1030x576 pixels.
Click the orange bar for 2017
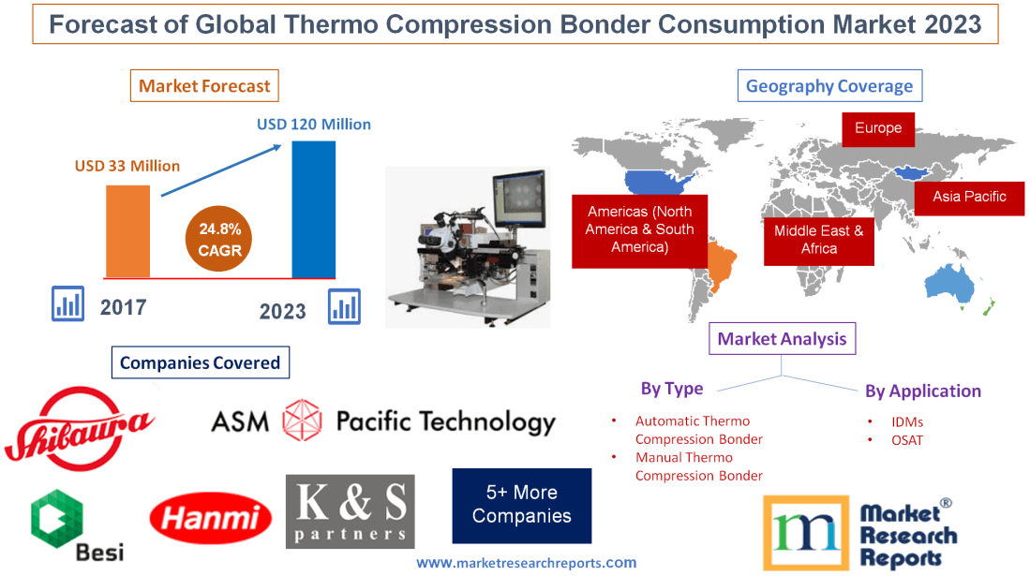127,230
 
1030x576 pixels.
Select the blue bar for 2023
313,209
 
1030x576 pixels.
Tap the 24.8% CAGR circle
219,240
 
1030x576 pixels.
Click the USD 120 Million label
314,124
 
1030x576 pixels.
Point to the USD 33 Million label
127,166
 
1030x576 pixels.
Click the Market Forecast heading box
204,86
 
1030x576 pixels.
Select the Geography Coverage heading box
828,86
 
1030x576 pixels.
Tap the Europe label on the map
878,128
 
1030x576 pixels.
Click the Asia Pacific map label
969,197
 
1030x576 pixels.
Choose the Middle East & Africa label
819,240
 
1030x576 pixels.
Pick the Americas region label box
639,230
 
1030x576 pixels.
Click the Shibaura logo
80,426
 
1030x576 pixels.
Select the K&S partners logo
351,511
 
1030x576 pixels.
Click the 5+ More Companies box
522,505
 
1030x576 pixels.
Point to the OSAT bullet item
907,439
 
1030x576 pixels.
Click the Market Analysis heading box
782,339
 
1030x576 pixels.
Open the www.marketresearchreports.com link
526,563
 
